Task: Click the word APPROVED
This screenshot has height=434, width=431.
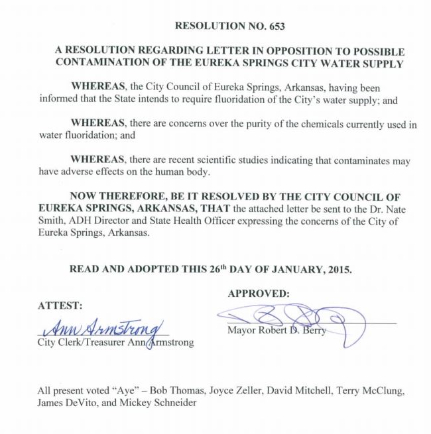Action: click(x=259, y=293)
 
